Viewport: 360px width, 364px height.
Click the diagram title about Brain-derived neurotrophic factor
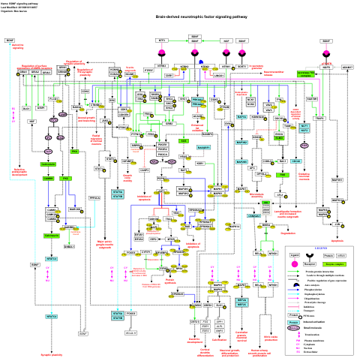pos(179,17)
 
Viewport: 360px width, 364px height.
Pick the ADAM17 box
pos(346,67)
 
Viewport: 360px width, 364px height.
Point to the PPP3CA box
pos(94,198)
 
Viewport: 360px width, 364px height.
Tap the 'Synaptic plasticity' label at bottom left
pos(51,355)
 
